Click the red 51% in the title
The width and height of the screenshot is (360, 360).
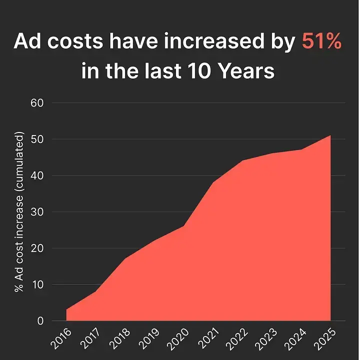coord(322,42)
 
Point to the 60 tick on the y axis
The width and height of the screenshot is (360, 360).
coord(38,103)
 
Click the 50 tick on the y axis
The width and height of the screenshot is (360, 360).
coord(38,139)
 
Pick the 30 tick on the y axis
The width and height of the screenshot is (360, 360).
coord(38,212)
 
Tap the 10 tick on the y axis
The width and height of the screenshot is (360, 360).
coord(38,285)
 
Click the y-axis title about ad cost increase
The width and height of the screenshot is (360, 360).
coord(19,212)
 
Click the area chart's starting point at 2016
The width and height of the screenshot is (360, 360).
coord(66,309)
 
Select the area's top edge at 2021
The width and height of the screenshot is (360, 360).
coord(213,182)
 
